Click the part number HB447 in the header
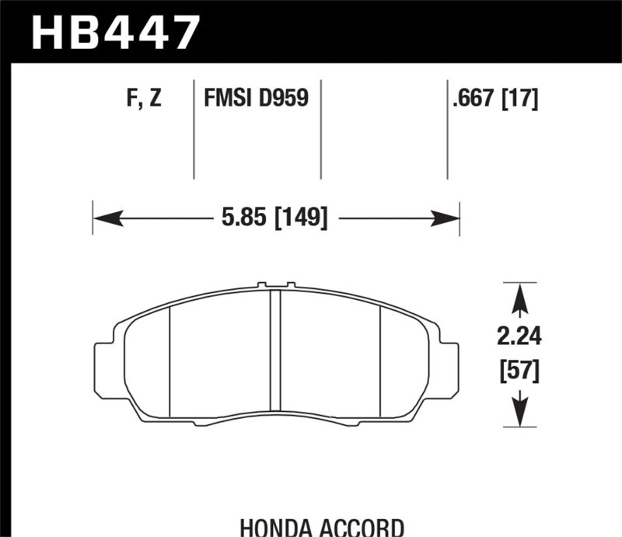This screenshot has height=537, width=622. [x=114, y=31]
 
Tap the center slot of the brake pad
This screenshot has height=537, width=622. [x=274, y=350]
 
